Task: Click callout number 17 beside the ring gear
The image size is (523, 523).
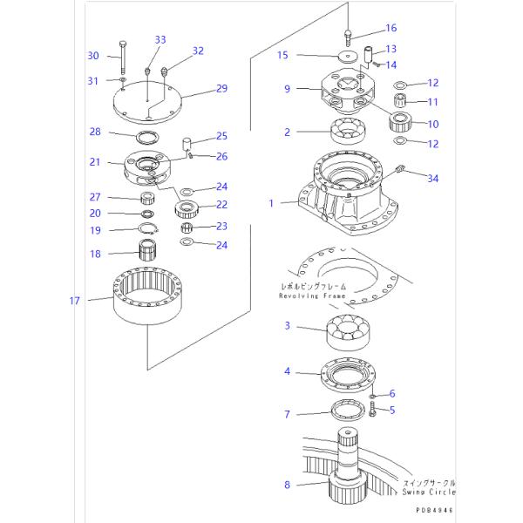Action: coord(75,301)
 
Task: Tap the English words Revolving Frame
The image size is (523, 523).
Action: coord(313,295)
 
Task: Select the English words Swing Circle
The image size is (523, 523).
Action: coord(428,492)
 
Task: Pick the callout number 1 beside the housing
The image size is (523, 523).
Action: coord(272,203)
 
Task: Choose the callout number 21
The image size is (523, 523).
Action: coord(95,162)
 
